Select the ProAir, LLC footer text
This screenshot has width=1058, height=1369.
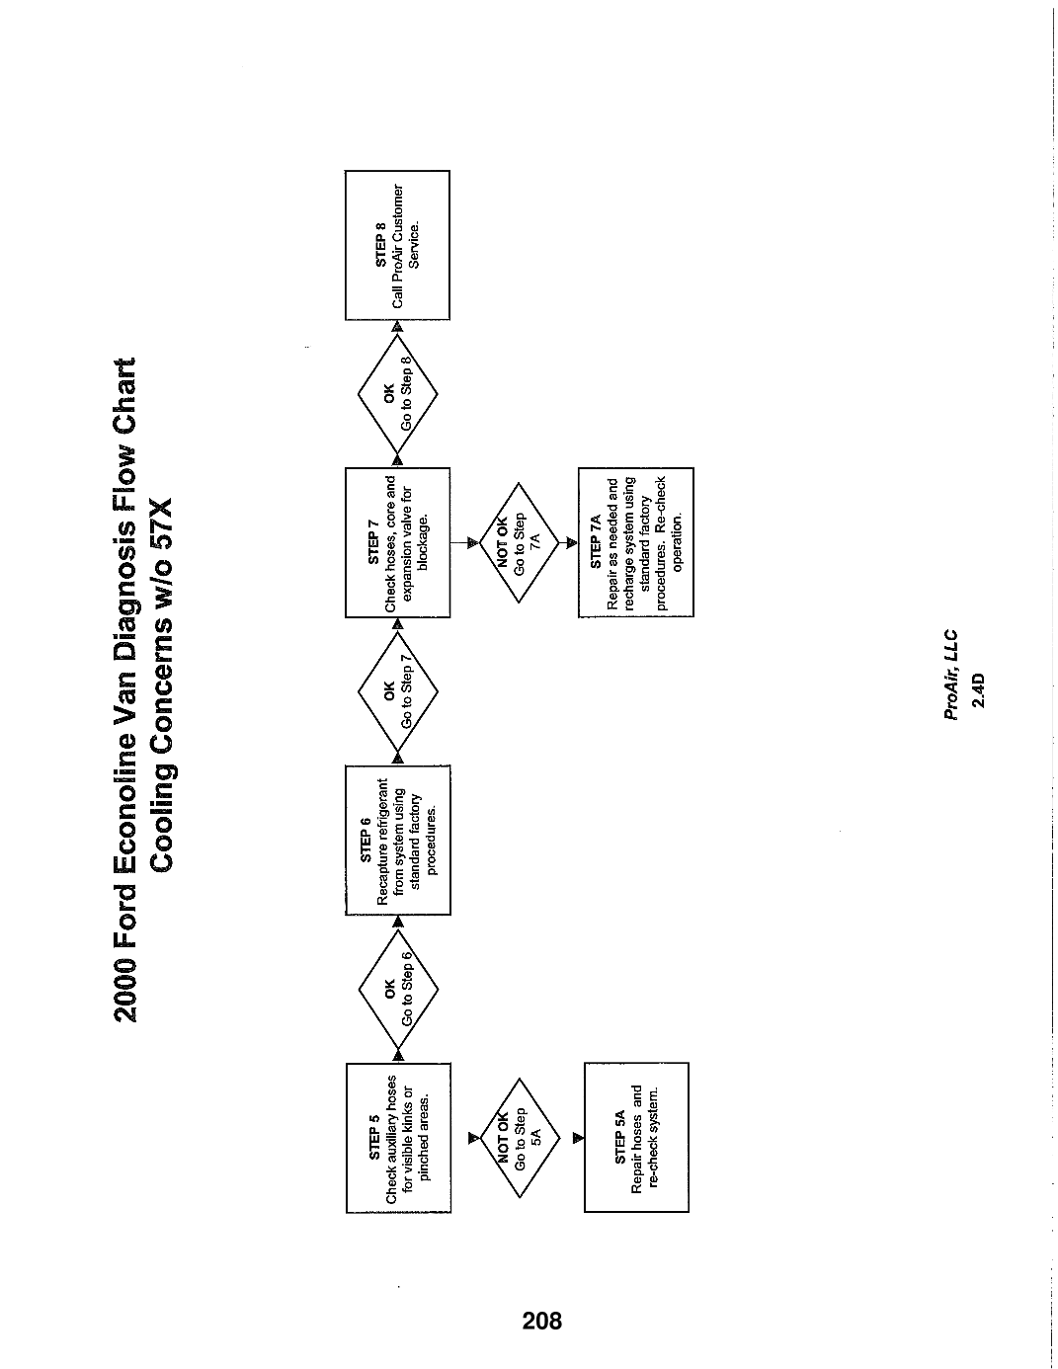click(x=951, y=674)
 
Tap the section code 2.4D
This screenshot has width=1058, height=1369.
click(x=977, y=690)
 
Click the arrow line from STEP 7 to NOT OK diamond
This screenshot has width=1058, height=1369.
click(x=464, y=542)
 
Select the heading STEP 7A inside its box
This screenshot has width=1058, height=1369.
click(x=596, y=542)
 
